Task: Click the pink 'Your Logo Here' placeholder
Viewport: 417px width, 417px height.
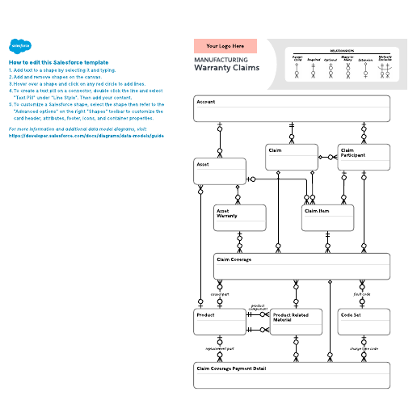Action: (225, 46)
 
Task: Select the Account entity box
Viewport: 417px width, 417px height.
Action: (292, 108)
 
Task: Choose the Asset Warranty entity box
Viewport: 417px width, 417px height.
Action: (240, 217)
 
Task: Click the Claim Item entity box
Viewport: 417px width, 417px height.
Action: (327, 217)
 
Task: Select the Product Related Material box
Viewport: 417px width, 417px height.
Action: (295, 321)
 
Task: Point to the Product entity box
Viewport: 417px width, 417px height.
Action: (219, 321)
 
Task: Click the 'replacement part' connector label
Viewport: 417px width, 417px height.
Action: (219, 348)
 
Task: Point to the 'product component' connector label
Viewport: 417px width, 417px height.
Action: (259, 307)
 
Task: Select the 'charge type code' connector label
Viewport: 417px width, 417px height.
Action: (364, 348)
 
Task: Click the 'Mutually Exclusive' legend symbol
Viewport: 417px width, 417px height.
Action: (385, 67)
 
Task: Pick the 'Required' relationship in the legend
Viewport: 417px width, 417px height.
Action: (314, 67)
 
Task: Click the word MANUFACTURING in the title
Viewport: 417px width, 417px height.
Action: (221, 60)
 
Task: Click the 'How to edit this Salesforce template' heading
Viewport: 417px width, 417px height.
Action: (58, 62)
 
